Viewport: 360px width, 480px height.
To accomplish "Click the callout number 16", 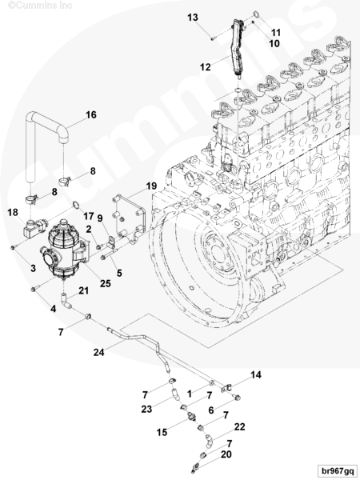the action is click(91, 114).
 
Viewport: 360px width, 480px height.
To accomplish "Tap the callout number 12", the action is click(206, 66).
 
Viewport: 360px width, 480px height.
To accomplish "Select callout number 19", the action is click(151, 186).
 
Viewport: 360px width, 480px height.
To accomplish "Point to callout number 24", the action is click(99, 352).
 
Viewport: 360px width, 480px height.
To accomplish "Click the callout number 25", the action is click(105, 283).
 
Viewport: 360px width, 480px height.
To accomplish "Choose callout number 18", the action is click(13, 212).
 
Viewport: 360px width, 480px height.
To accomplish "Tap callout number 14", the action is click(256, 374).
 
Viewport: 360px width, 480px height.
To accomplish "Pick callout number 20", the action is click(226, 454).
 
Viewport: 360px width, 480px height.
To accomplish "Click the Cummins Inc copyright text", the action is click(40, 6).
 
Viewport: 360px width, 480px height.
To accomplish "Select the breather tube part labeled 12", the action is click(238, 48).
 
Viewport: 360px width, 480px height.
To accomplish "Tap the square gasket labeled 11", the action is click(256, 14).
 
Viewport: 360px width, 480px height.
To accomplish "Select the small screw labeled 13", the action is click(213, 38).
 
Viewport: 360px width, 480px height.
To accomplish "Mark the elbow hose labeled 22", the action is click(209, 441).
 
